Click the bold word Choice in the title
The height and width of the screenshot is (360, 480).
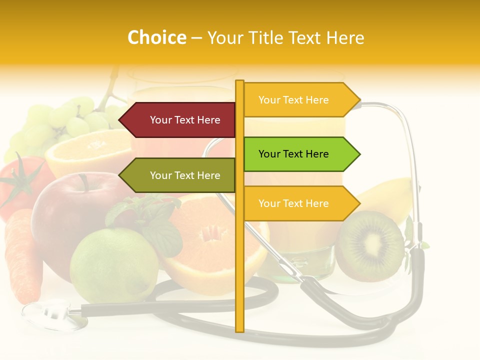(156, 37)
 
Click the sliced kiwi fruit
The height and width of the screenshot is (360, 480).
(369, 245)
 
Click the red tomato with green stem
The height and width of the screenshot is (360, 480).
(20, 185)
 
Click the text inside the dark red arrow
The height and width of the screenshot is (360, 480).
(185, 120)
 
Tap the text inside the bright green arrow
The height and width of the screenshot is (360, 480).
(293, 154)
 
